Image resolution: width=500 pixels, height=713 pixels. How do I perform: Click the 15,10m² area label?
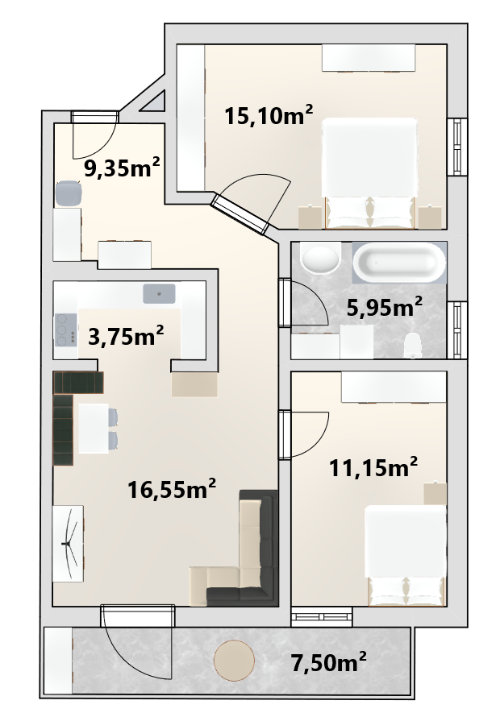269,115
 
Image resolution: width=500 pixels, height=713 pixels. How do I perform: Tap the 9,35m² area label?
122,168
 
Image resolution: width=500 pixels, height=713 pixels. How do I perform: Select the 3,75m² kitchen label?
126,337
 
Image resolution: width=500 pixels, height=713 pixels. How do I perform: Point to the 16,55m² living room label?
172,489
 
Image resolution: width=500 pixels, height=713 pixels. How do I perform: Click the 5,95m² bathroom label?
385,308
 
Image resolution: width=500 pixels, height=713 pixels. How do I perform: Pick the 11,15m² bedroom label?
373,467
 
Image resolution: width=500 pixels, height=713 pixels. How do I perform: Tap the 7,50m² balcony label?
329,662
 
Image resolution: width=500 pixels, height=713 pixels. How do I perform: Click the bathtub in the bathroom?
400,263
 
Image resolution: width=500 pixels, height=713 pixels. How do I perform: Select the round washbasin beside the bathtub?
322,259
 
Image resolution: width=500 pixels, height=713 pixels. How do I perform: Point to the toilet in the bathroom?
413,345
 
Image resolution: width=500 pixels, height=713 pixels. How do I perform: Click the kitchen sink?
159,293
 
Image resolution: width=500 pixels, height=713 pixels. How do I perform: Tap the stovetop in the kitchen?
66,330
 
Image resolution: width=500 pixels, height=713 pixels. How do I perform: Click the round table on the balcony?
234,661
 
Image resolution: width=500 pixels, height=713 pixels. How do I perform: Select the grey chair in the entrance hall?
69,193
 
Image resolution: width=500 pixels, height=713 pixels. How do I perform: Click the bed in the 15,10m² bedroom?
369,173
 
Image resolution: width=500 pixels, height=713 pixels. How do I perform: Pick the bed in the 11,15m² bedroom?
406,556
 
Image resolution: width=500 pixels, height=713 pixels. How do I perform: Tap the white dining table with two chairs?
94,428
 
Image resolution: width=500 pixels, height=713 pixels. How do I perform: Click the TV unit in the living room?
68,543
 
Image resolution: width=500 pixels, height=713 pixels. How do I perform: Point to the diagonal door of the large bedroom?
240,214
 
